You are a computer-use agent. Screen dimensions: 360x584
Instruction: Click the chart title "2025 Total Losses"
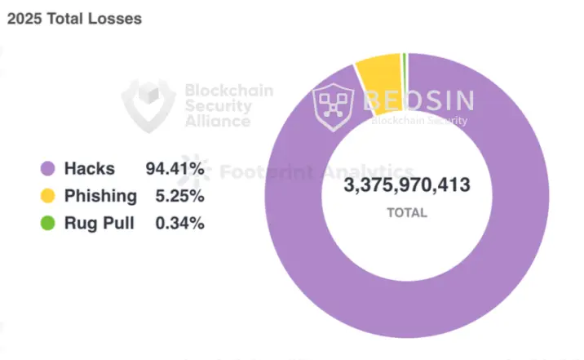pyautogui.click(x=74, y=19)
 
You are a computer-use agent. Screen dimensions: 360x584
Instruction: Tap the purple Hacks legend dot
pyautogui.click(x=48, y=169)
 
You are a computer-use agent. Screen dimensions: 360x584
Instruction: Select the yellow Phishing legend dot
pyautogui.click(x=48, y=196)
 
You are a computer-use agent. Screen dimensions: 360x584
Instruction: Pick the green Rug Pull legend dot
pyautogui.click(x=48, y=222)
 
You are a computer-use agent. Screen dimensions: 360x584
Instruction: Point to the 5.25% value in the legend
pyautogui.click(x=179, y=196)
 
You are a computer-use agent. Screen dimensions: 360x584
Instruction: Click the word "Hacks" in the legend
pyautogui.click(x=90, y=169)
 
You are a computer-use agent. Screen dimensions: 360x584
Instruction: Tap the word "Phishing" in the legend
pyautogui.click(x=101, y=196)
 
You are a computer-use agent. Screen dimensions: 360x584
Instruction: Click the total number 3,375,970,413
pyautogui.click(x=407, y=185)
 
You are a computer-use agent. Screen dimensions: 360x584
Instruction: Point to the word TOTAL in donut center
pyautogui.click(x=407, y=212)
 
